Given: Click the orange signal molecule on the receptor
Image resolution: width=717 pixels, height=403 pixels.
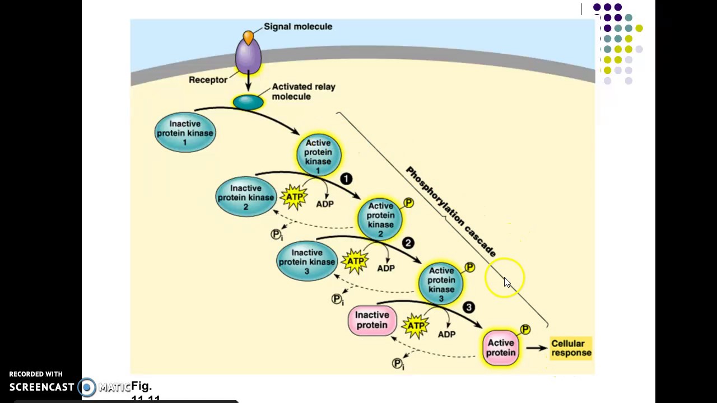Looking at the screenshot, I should pos(248,38).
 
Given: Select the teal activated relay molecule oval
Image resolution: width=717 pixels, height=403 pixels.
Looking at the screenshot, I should pos(248,102).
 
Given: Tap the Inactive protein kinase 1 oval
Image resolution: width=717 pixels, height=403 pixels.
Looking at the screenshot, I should pos(185,133).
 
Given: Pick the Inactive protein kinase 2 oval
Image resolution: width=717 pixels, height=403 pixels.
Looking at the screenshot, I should pos(245,197).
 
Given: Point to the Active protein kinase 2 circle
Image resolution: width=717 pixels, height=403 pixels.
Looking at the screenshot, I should pos(380,219).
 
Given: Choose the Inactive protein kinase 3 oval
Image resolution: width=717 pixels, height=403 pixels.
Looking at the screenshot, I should pos(306,262).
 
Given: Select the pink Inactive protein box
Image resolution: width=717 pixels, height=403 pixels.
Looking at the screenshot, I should pos(372,320).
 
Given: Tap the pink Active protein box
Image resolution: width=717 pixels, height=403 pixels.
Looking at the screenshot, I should pos(501,348).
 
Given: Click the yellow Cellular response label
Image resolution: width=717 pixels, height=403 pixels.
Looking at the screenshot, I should pos(571,348).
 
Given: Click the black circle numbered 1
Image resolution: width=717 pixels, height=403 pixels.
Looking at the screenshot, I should pos(346,179).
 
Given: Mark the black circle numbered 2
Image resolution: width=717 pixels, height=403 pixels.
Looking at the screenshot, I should pos(408,243).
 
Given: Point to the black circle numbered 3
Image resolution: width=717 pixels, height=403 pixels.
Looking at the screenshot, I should pos(469,307).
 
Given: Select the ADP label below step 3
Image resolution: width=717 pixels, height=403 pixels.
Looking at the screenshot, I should pos(446,334).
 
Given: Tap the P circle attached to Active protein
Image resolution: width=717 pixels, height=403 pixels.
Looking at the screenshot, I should pos(525,330).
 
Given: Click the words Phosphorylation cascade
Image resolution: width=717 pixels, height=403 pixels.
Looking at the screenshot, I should pos(451,212).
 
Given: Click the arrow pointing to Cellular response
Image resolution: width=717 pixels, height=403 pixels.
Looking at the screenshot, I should pos(537,348).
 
